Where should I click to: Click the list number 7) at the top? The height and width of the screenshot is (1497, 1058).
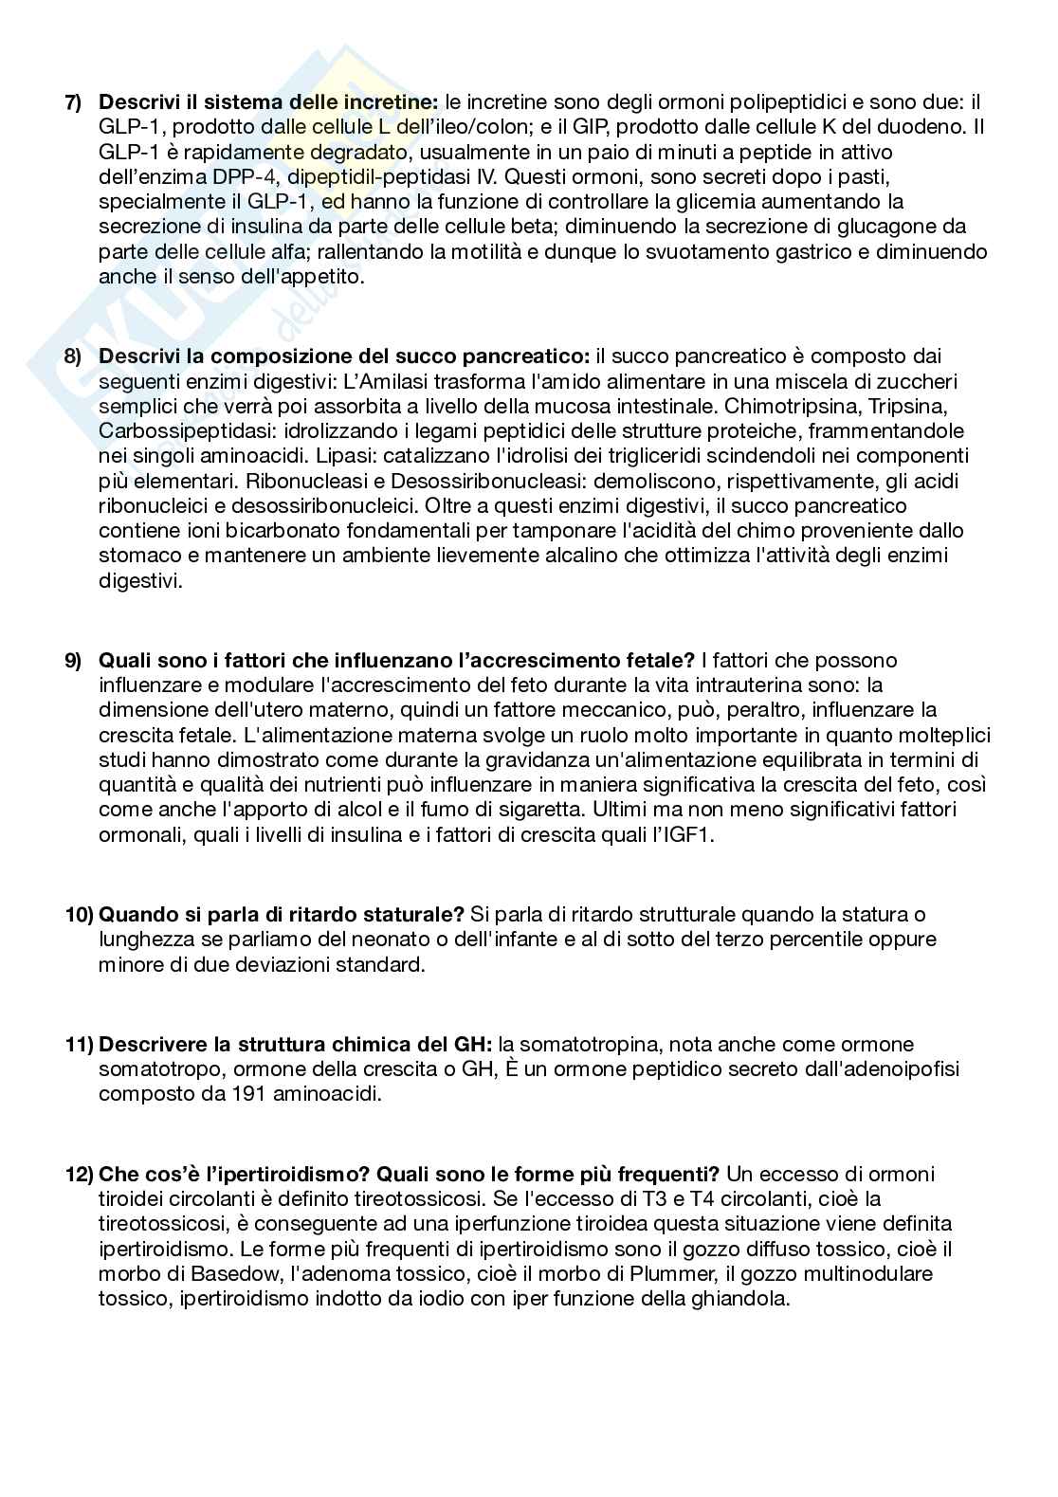coord(73,102)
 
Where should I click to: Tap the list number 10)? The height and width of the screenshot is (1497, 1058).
coord(80,915)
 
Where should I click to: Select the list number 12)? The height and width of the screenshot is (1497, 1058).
coord(80,1175)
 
